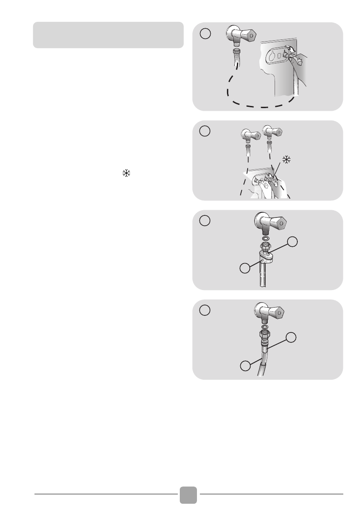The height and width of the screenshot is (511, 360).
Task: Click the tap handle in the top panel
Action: coord(248,35)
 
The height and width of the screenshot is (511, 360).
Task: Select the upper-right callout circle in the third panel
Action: coord(292,242)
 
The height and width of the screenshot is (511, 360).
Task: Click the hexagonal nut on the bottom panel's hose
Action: coord(266,335)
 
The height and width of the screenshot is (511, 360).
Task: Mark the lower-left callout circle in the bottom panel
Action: coord(245,366)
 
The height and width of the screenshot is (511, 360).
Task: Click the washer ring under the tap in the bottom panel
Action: coord(266,327)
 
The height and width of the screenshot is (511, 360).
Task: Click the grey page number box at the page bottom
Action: coord(189,495)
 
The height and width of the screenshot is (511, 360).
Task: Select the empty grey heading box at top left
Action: coord(108,35)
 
